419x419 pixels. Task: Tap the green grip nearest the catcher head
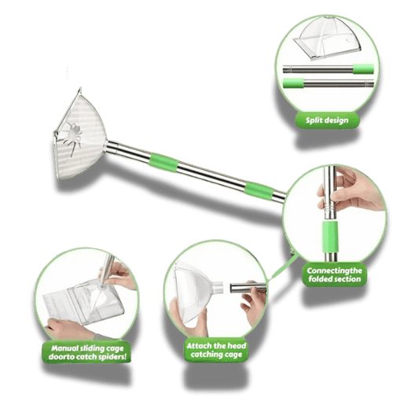pyautogui.click(x=163, y=162)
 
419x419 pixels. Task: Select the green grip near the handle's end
pyautogui.click(x=259, y=190)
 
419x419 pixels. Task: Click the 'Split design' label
pyautogui.click(x=327, y=120)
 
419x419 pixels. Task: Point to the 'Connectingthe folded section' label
pyautogui.click(x=334, y=275)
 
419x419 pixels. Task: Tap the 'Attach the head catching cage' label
pyautogui.click(x=216, y=351)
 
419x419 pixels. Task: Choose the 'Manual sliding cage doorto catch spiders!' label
pyautogui.click(x=87, y=352)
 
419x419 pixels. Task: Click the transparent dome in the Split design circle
pyautogui.click(x=328, y=38)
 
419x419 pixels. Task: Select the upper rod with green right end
pyautogui.click(x=328, y=69)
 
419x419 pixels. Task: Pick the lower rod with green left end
pyautogui.click(x=328, y=83)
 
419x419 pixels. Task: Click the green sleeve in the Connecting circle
pyautogui.click(x=330, y=237)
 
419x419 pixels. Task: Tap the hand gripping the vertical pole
pyautogui.click(x=351, y=189)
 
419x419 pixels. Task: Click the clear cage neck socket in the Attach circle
pyautogui.click(x=217, y=288)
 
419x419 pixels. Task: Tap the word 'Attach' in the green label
pyautogui.click(x=197, y=346)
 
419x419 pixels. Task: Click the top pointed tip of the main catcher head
pyautogui.click(x=79, y=88)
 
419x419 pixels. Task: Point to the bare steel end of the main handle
pyautogui.click(x=279, y=197)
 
